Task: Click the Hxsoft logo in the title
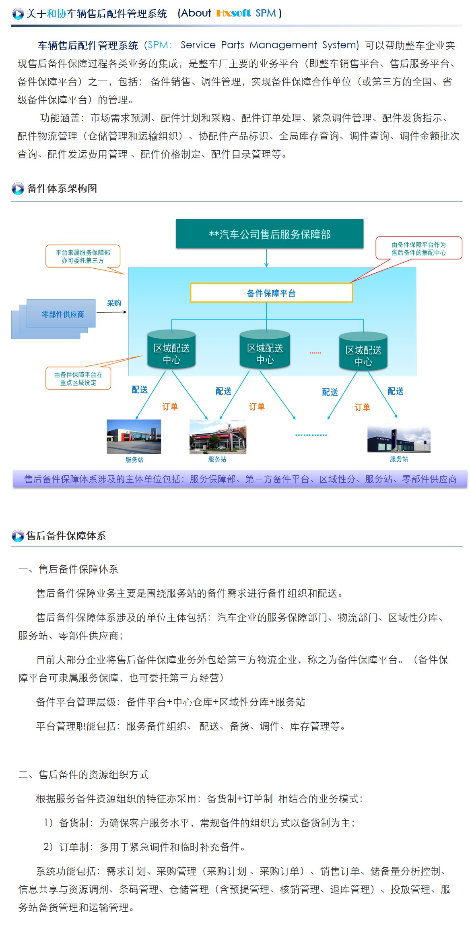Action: click(233, 13)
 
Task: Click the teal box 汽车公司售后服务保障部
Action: click(270, 234)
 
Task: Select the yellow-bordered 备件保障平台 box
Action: click(271, 293)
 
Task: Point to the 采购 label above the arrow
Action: click(114, 303)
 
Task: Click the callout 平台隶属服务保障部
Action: click(83, 256)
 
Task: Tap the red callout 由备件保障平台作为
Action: click(418, 248)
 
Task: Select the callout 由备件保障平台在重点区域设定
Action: click(78, 378)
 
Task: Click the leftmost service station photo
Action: click(134, 437)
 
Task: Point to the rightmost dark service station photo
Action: click(399, 439)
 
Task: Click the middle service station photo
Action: click(218, 437)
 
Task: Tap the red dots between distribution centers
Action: click(315, 353)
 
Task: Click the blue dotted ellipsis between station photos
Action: click(311, 435)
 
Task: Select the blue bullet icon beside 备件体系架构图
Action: click(18, 189)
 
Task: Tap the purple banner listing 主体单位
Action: click(240, 479)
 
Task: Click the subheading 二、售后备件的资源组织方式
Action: click(84, 774)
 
